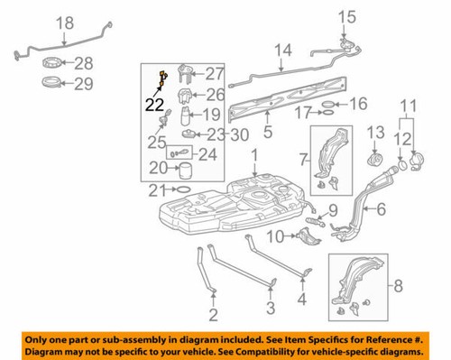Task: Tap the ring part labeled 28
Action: click(x=52, y=64)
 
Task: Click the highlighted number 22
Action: click(x=154, y=103)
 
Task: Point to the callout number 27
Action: click(x=213, y=74)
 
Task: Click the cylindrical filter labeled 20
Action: click(x=184, y=169)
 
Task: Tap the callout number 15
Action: click(x=348, y=15)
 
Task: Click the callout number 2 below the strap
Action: click(x=214, y=315)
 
